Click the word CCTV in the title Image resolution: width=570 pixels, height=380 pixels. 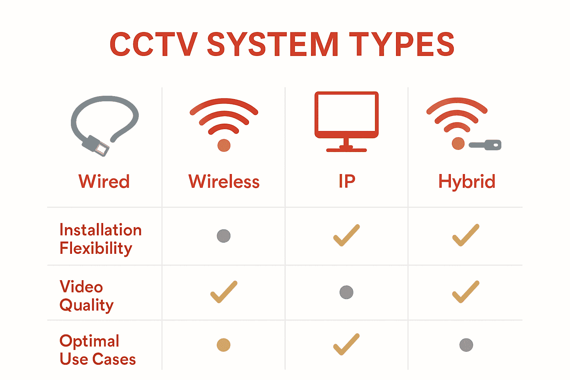tap(153, 45)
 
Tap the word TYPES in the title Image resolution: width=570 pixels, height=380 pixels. tap(402, 45)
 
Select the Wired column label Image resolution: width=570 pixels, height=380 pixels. tap(104, 181)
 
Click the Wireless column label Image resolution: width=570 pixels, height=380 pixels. tap(224, 181)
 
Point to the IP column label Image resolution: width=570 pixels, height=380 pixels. tap(347, 181)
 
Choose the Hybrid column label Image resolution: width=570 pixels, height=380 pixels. tap(466, 181)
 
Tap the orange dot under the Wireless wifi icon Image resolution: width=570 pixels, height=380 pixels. tap(224, 145)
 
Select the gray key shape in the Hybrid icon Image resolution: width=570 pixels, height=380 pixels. tap(486, 145)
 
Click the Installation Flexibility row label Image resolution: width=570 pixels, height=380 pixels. tap(100, 239)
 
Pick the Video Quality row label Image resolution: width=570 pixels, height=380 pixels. tap(86, 296)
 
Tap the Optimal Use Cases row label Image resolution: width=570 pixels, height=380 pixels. tap(97, 350)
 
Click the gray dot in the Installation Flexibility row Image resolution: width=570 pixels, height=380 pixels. tap(224, 236)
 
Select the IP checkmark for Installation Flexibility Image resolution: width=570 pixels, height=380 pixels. tap(346, 235)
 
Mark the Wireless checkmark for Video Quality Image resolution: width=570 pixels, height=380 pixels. tap(224, 292)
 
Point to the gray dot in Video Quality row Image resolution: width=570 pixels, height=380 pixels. tap(346, 292)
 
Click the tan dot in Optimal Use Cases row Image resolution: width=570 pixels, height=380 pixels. tap(224, 345)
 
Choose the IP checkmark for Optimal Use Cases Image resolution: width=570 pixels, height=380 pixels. tap(346, 344)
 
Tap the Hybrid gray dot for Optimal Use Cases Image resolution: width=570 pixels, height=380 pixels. tap(466, 345)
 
